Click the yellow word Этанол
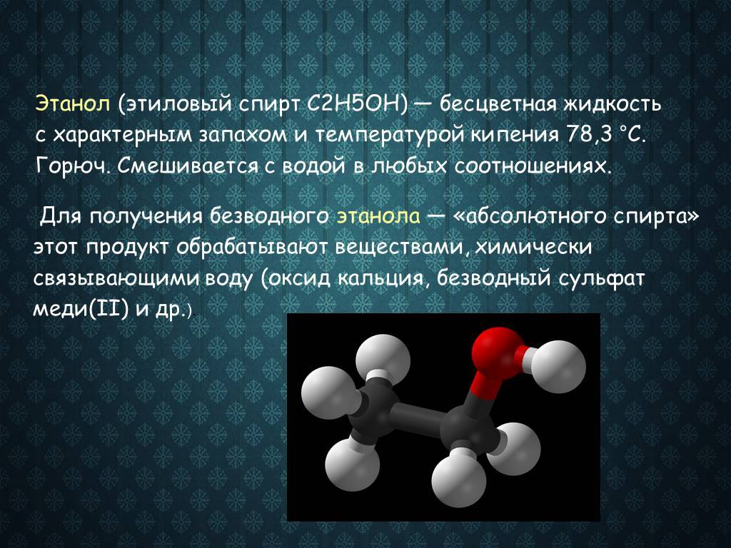72,105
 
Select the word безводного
268,215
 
